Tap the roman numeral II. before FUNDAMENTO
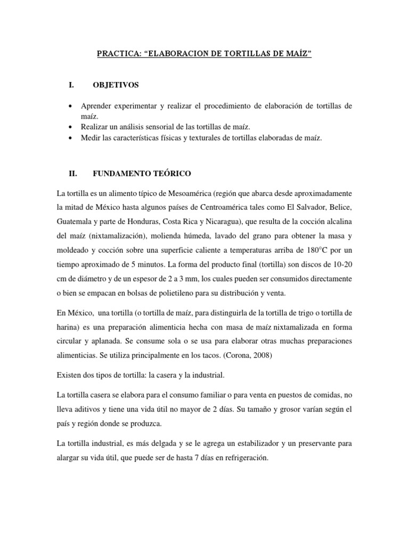tap(73, 174)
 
